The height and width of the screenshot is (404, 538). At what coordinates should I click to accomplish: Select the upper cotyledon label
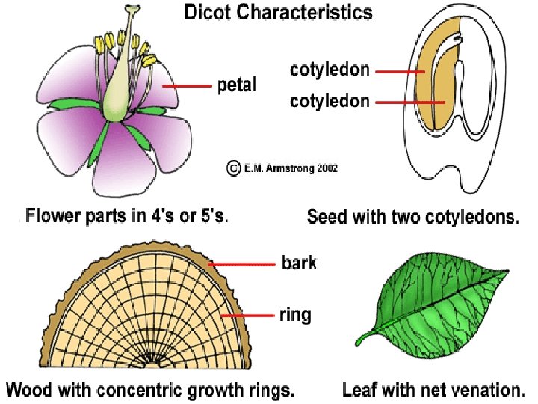pyautogui.click(x=330, y=70)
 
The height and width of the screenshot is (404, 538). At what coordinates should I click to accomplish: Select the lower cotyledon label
pyautogui.click(x=330, y=101)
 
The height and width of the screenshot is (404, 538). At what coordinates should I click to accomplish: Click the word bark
pyautogui.click(x=299, y=263)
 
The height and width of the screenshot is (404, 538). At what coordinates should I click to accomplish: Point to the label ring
pyautogui.click(x=296, y=315)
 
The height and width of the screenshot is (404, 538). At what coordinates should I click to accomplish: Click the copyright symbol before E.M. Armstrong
pyautogui.click(x=232, y=168)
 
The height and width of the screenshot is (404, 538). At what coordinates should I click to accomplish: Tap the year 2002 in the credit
pyautogui.click(x=325, y=168)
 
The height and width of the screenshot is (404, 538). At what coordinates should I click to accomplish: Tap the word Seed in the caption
pyautogui.click(x=324, y=218)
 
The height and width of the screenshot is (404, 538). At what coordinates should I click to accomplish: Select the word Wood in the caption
pyautogui.click(x=28, y=390)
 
